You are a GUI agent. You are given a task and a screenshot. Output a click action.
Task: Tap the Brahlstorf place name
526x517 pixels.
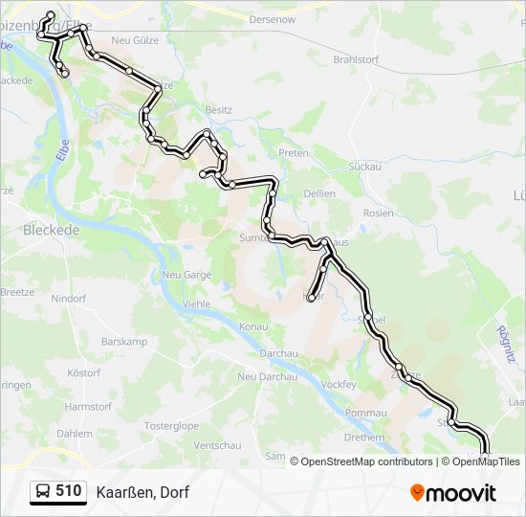(x=354, y=59)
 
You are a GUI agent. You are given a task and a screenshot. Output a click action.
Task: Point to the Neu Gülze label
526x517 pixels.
(x=133, y=40)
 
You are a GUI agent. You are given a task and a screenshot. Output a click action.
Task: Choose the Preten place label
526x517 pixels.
(x=293, y=153)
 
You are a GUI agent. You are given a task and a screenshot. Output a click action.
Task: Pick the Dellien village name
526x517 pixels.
(x=318, y=193)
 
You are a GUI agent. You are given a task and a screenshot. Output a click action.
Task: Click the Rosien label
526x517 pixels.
(x=379, y=213)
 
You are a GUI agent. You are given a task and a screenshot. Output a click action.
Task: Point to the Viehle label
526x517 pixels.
(x=196, y=304)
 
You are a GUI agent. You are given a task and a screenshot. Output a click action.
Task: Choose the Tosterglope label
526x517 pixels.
(x=171, y=425)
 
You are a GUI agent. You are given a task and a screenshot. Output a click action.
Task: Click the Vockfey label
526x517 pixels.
(x=339, y=384)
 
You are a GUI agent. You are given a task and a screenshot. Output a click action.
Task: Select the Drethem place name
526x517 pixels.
(x=363, y=438)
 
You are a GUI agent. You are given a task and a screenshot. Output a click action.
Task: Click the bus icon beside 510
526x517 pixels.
(x=43, y=492)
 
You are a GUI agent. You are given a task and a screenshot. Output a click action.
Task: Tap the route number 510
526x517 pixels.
(x=69, y=491)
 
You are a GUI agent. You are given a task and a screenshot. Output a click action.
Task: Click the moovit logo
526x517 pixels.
(x=453, y=493)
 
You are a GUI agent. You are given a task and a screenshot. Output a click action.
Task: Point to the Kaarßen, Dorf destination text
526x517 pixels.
(x=142, y=492)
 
